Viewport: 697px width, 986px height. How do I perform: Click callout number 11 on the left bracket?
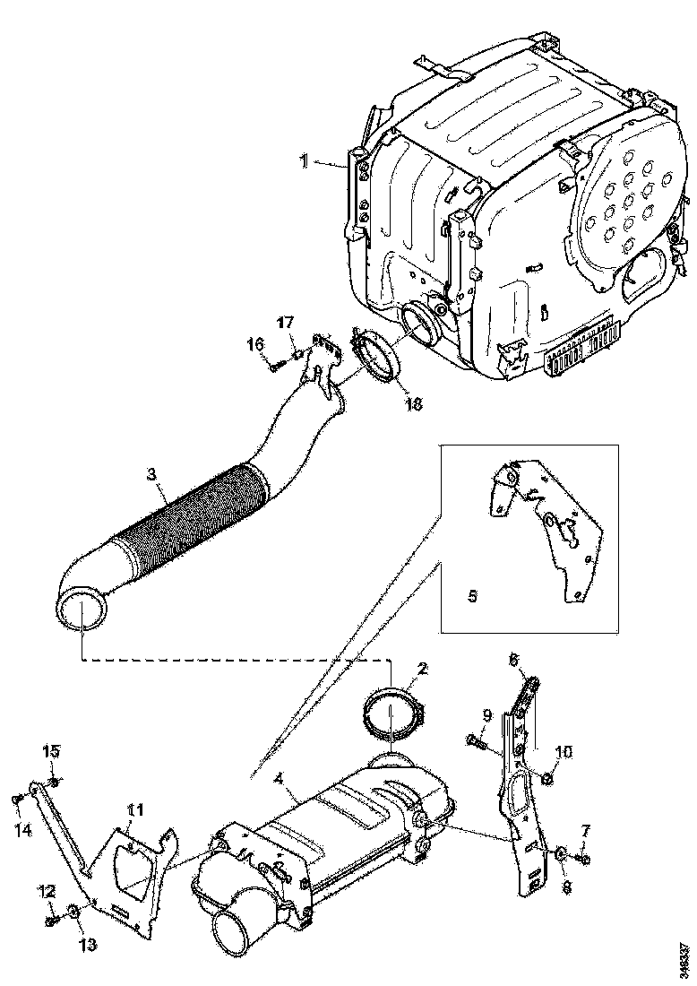point(134,811)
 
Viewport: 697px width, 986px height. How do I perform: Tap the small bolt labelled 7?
point(583,861)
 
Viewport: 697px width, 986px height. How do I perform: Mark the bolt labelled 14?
point(17,799)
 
